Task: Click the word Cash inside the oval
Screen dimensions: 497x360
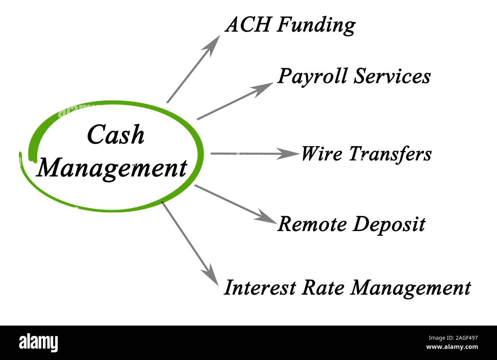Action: pyautogui.click(x=116, y=135)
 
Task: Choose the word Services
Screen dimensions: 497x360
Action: pyautogui.click(x=391, y=76)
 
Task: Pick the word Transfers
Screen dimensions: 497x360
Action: pyautogui.click(x=390, y=154)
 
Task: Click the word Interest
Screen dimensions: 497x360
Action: pyautogui.click(x=260, y=288)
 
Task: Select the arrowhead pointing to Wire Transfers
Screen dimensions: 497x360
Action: pyautogui.click(x=289, y=154)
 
